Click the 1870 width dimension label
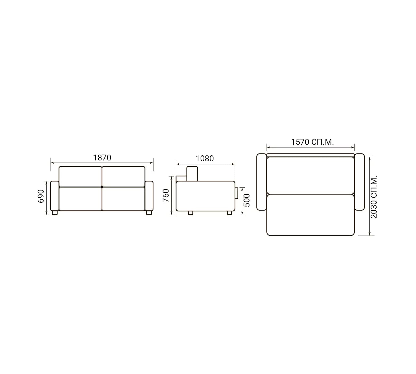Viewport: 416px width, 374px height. click(102, 158)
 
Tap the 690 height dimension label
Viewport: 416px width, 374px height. click(41, 196)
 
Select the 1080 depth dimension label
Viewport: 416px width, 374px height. click(205, 159)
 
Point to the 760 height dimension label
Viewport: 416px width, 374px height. click(166, 195)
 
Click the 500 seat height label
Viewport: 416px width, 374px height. click(247, 201)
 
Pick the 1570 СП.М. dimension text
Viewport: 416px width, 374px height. click(312, 142)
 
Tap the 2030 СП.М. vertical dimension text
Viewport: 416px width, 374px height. click(374, 197)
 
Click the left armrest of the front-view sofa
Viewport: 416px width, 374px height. click(55, 196)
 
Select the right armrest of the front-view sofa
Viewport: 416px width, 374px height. click(149, 196)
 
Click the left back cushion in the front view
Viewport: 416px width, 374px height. click(80, 177)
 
